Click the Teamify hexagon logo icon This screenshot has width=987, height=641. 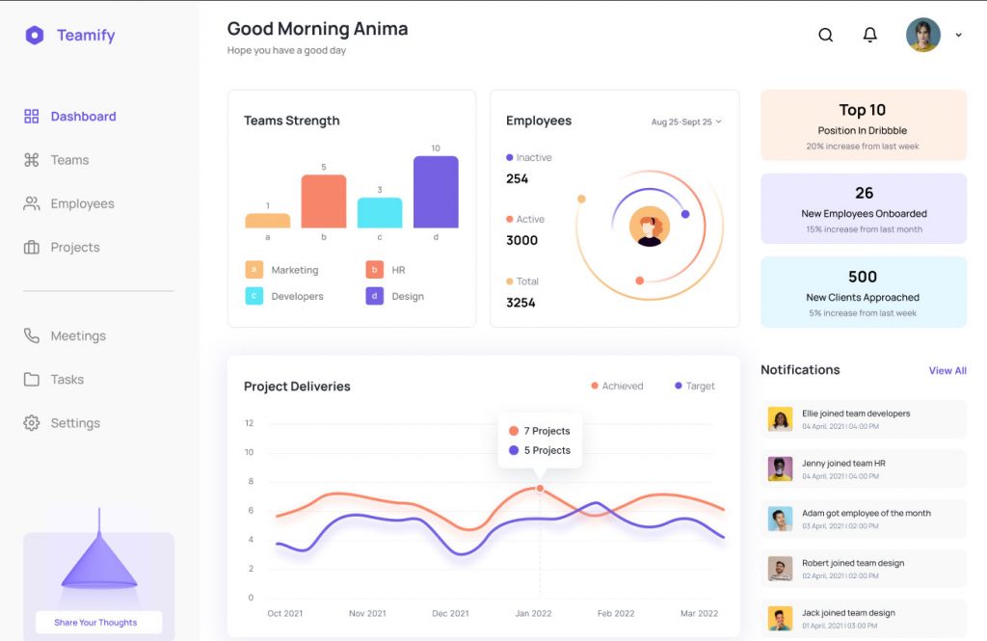point(35,36)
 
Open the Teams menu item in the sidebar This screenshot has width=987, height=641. point(69,160)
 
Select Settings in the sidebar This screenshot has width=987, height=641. point(74,423)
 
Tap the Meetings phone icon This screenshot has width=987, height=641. point(32,335)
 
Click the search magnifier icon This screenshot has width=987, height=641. point(826,35)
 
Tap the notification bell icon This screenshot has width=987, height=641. point(869,35)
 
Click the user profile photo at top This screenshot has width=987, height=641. point(922,35)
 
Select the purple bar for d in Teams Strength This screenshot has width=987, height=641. point(436,193)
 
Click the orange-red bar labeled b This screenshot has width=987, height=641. point(323,201)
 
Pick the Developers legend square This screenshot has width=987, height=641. point(253,296)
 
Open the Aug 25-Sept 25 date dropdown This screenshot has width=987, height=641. point(686,122)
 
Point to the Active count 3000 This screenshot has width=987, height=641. point(522,240)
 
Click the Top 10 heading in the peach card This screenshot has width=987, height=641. point(862,110)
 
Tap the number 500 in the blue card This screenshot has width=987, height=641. point(863,277)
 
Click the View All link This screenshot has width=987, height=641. point(947,370)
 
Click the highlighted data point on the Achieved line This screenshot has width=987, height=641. point(540,489)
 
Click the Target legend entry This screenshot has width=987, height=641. point(695,386)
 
